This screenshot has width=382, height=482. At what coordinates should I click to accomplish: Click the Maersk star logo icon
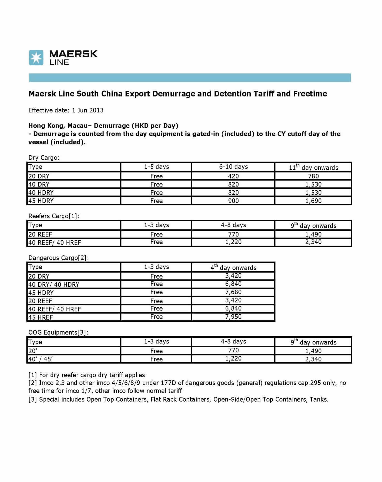point(36,57)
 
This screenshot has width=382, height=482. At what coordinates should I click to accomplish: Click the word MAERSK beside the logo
point(73,54)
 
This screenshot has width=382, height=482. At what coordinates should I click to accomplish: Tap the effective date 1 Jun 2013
point(88,110)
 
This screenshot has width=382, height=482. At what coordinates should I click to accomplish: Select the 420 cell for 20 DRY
point(233,176)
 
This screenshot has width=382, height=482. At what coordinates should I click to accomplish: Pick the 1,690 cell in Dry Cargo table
point(313,201)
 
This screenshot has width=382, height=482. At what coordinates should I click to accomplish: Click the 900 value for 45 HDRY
point(233,201)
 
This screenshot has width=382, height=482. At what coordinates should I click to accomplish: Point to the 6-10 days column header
point(233,167)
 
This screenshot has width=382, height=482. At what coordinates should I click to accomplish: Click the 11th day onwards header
point(313,167)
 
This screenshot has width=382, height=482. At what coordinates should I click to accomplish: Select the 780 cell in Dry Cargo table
point(313,176)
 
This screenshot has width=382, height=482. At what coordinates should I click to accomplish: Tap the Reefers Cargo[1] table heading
point(54,216)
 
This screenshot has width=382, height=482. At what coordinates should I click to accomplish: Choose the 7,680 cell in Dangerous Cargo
point(233,292)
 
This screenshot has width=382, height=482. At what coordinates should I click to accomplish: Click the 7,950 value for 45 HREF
point(233,317)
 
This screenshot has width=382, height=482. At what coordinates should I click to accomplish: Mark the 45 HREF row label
point(41,317)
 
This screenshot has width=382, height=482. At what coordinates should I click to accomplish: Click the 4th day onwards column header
point(233,267)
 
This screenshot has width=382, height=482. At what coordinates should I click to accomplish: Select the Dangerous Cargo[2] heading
point(58,258)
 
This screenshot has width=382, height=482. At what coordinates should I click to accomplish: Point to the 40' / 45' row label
point(41,359)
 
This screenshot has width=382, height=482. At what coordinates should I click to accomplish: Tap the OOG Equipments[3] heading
point(58,332)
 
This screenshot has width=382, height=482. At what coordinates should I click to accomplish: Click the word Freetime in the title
point(310,94)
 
